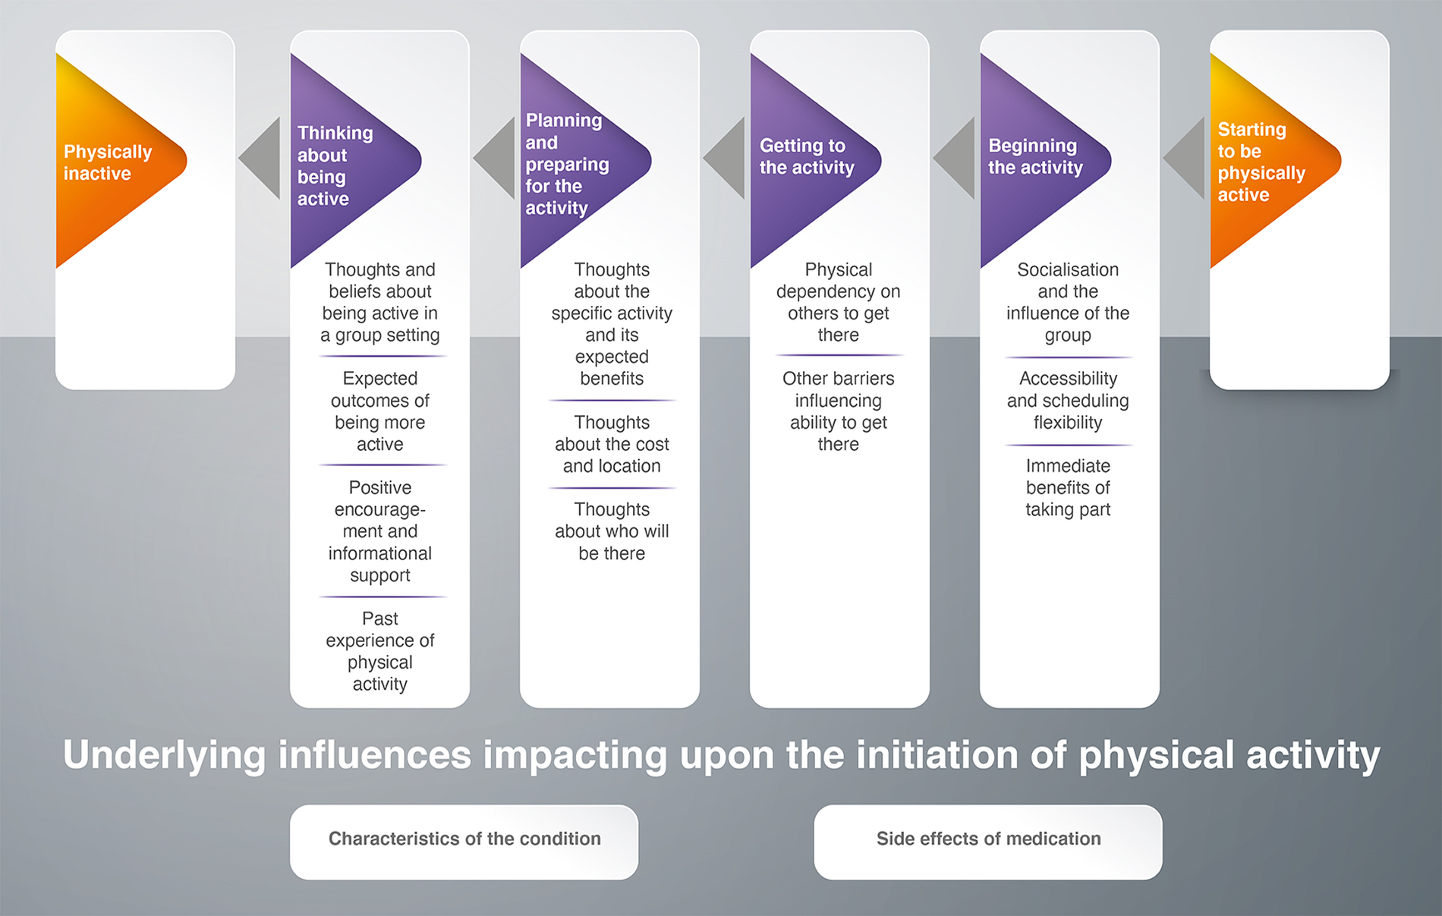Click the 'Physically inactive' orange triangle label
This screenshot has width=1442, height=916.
pos(108,162)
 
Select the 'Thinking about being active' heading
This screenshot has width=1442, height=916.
pos(335,165)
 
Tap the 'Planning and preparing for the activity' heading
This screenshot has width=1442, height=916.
pos(567,164)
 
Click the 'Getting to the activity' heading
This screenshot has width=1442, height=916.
pos(807,156)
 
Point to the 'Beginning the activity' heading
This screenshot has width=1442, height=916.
pos(1035,156)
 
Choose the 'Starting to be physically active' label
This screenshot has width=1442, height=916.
pos(1261,162)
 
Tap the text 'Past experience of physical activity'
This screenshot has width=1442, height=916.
pos(380,651)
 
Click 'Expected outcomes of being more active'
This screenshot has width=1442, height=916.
pos(380,411)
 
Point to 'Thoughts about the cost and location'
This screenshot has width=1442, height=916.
pos(612,444)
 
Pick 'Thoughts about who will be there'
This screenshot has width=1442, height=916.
pos(612,531)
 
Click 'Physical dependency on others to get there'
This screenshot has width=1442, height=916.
pos(838,302)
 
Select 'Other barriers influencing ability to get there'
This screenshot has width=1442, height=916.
pos(838,411)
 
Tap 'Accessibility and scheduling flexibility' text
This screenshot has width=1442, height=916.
pos(1068,400)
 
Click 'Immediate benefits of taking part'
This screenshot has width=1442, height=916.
pos(1068,487)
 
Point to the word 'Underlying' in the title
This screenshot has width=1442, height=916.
pos(164,756)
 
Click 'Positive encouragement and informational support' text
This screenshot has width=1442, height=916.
pos(380,531)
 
